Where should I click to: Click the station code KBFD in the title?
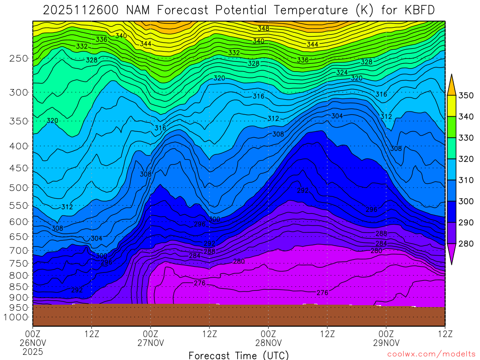(419, 9)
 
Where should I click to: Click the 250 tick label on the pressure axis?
(19, 59)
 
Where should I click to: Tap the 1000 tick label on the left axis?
(17, 317)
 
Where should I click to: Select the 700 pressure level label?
(19, 250)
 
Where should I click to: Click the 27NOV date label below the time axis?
(150, 342)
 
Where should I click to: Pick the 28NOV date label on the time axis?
(268, 342)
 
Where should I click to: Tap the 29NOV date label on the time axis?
(386, 342)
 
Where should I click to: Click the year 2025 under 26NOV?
(33, 351)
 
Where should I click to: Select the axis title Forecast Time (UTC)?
(239, 355)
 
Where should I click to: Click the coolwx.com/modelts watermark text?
(431, 354)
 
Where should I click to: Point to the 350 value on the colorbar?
(466, 96)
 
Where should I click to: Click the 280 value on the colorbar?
(466, 243)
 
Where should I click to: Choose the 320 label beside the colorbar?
(466, 159)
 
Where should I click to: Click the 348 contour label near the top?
(263, 29)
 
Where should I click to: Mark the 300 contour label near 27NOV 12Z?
(214, 219)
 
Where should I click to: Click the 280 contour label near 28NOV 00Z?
(239, 261)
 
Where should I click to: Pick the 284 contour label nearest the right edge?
(381, 243)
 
